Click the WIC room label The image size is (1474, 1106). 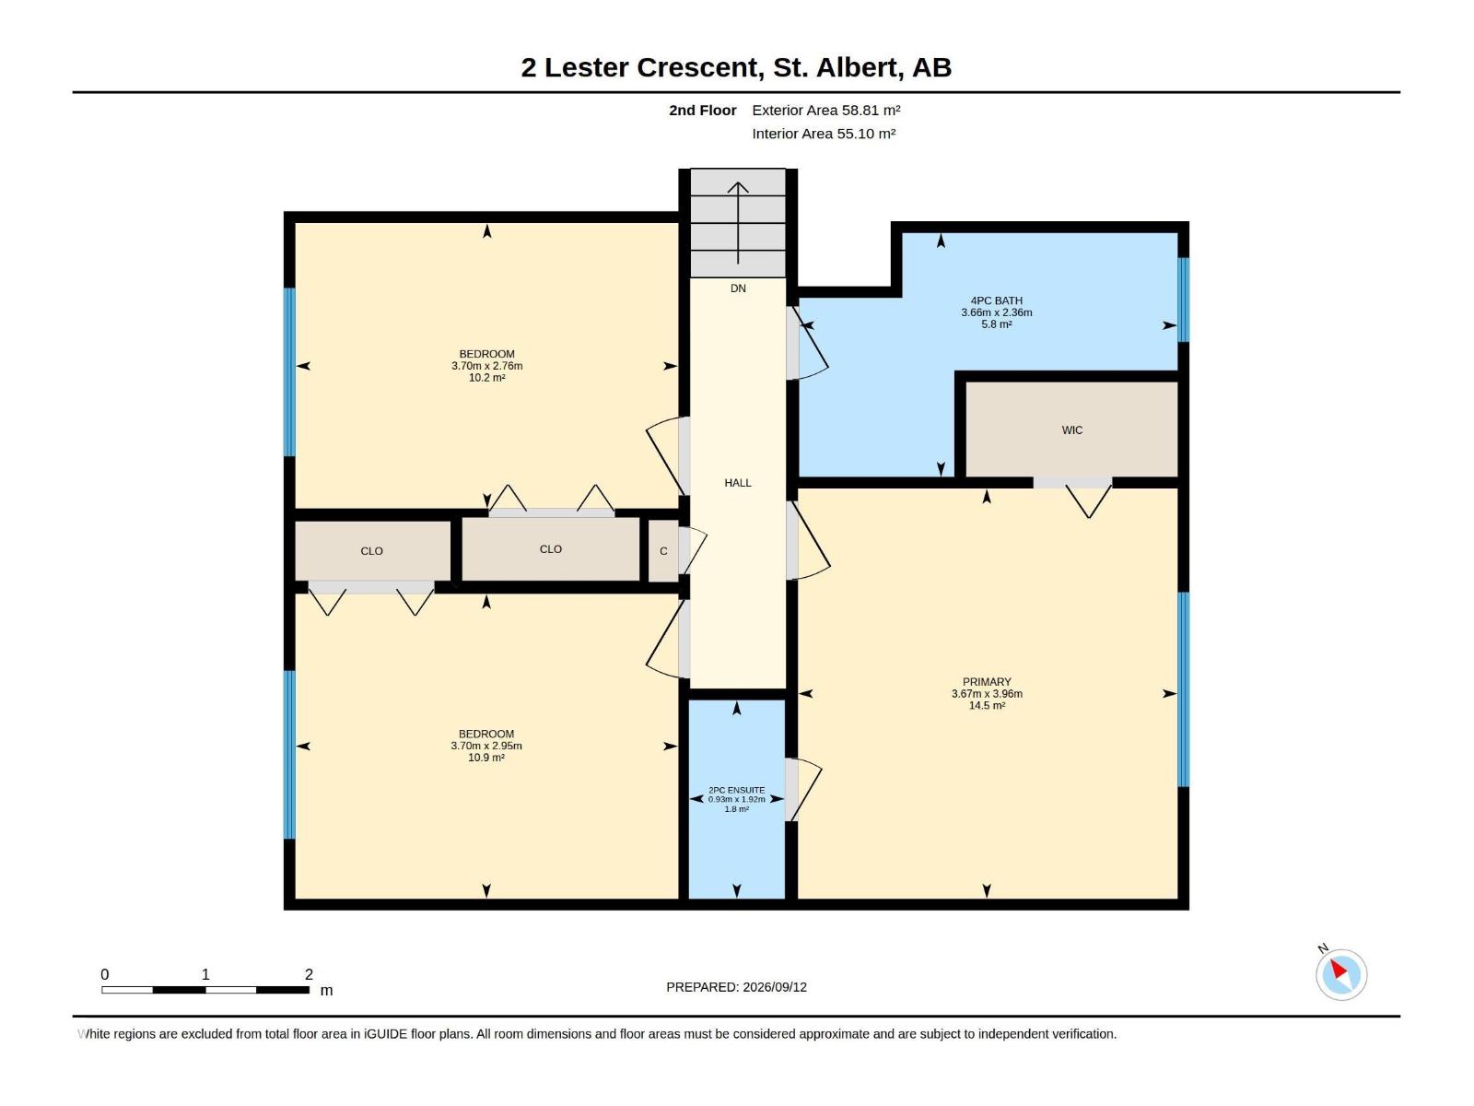pyautogui.click(x=1071, y=429)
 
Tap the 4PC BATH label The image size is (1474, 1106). pyautogui.click(x=996, y=300)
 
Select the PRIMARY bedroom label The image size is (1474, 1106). pyautogui.click(x=987, y=682)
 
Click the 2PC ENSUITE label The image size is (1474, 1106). pyautogui.click(x=737, y=791)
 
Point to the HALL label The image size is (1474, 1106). pyautogui.click(x=737, y=483)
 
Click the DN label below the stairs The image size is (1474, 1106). pyautogui.click(x=738, y=288)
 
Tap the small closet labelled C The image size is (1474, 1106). pyautogui.click(x=663, y=551)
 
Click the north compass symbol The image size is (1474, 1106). pyautogui.click(x=1340, y=974)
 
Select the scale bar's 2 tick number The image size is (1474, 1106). pyautogui.click(x=309, y=974)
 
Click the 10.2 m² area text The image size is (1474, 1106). pyautogui.click(x=486, y=378)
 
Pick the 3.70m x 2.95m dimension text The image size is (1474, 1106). pyautogui.click(x=486, y=746)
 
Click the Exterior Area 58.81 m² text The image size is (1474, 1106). pyautogui.click(x=826, y=110)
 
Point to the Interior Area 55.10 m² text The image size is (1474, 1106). pyautogui.click(x=824, y=134)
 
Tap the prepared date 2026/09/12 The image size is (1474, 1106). pyautogui.click(x=774, y=987)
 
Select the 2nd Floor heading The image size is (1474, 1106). pyautogui.click(x=702, y=110)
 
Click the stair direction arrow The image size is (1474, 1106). pyautogui.click(x=738, y=223)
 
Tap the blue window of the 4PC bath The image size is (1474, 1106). pyautogui.click(x=1183, y=300)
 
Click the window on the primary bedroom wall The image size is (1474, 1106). pyautogui.click(x=1183, y=689)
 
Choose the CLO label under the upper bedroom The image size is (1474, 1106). pyautogui.click(x=551, y=549)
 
